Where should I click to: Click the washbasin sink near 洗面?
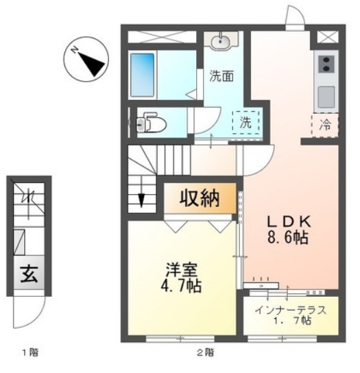click(x=221, y=42)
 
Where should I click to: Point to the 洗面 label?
click(x=221, y=77)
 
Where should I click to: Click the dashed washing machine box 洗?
click(x=245, y=123)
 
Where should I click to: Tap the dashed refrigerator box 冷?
click(x=326, y=125)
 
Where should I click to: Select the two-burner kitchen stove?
click(x=325, y=65)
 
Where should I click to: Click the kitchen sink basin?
click(x=325, y=95)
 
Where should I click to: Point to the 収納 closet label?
click(x=200, y=199)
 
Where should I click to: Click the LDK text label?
click(x=289, y=222)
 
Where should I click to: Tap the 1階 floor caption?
click(x=29, y=354)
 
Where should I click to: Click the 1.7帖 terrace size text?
click(x=292, y=322)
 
